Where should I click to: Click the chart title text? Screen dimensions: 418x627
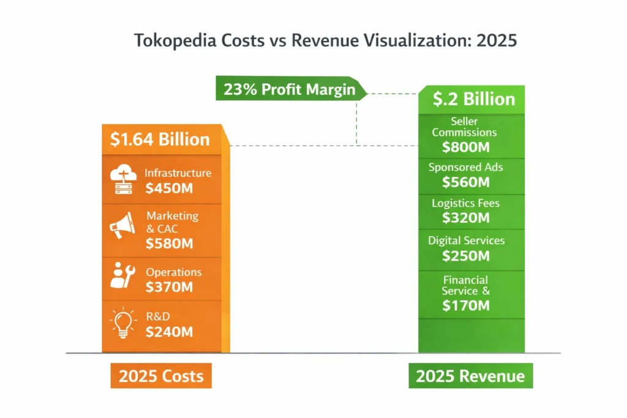click(325, 40)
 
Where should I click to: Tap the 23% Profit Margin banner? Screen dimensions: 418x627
click(290, 89)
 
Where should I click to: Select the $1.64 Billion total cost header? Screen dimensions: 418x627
click(160, 139)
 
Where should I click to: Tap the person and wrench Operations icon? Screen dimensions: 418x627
click(122, 275)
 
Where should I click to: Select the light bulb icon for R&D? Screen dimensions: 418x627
click(122, 323)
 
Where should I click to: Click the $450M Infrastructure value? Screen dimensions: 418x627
click(169, 188)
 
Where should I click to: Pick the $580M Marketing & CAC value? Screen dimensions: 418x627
click(170, 244)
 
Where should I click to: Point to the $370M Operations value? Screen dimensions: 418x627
click(169, 287)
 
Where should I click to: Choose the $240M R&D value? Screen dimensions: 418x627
click(169, 332)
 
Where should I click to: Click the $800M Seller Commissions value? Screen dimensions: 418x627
click(466, 147)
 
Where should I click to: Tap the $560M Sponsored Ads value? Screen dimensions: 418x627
click(466, 182)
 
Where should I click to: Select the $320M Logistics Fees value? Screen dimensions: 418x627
click(466, 217)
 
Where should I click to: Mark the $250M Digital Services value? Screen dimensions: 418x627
click(466, 255)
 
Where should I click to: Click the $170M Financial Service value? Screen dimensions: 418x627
click(466, 305)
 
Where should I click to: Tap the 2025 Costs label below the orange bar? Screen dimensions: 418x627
click(161, 376)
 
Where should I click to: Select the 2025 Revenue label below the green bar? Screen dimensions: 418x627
click(470, 376)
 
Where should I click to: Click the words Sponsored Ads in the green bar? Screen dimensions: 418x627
click(466, 167)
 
